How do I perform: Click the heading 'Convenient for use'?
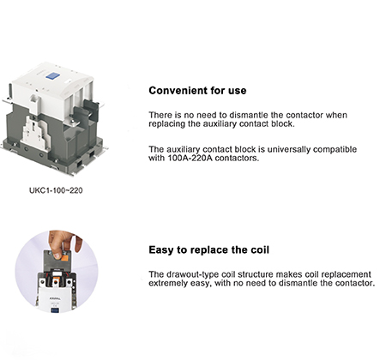pyautogui.click(x=197, y=91)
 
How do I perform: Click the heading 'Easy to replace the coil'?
pyautogui.click(x=209, y=250)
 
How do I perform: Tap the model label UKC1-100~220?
pyautogui.click(x=56, y=190)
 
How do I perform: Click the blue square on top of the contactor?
pyautogui.click(x=52, y=76)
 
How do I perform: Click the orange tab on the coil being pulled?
pyautogui.click(x=64, y=259)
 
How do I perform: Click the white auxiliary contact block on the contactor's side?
pyautogui.click(x=35, y=133)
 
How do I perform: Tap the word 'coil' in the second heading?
pyautogui.click(x=260, y=250)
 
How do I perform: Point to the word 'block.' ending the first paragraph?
pyautogui.click(x=283, y=124)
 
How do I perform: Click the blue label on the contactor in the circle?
pyautogui.click(x=55, y=309)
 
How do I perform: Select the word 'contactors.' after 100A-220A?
pyautogui.click(x=237, y=158)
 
